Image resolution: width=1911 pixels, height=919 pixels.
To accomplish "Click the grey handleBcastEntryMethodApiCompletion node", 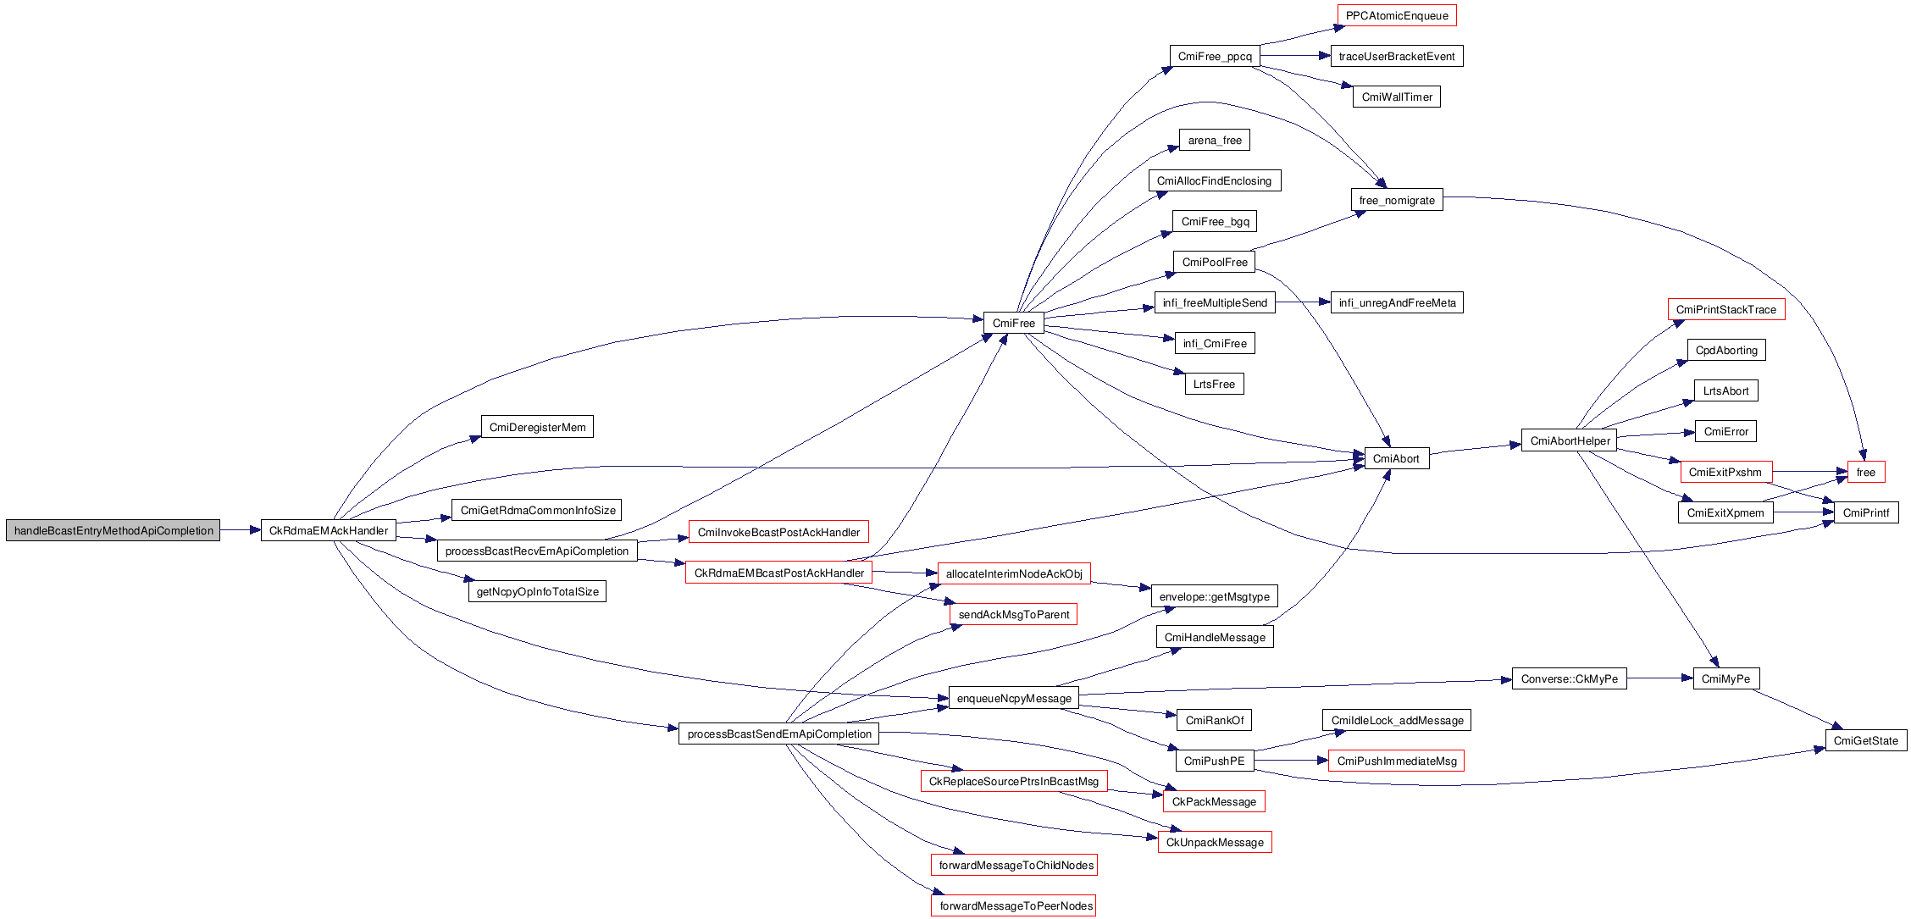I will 113,531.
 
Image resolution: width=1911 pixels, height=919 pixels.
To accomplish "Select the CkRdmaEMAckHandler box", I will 329,531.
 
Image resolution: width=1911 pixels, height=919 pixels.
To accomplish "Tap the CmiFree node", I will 1013,324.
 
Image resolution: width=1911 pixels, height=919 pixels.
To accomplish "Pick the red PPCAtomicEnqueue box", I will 1397,16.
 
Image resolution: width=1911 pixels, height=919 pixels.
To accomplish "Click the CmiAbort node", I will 1396,459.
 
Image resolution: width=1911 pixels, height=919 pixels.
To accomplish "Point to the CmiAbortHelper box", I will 1570,441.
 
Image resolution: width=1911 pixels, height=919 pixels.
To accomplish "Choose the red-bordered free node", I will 1865,473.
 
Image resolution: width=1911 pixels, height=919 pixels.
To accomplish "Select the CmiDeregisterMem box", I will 537,428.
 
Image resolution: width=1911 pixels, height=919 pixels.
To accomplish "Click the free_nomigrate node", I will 1397,201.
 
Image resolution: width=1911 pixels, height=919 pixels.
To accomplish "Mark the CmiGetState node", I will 1865,741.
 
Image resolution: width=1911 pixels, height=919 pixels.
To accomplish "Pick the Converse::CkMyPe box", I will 1569,679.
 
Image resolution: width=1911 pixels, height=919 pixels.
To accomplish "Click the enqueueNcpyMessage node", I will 1014,699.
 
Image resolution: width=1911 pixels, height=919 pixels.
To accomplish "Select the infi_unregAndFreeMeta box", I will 1397,303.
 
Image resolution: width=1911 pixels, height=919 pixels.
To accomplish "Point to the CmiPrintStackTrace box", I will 1725,310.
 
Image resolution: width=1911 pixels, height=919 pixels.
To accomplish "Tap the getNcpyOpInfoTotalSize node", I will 537,592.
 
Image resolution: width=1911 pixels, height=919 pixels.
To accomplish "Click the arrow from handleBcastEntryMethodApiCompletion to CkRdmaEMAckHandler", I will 241,530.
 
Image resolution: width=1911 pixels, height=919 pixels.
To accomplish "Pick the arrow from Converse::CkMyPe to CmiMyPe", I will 1659,678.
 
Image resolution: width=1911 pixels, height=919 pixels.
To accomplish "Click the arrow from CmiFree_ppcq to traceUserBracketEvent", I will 1295,56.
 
